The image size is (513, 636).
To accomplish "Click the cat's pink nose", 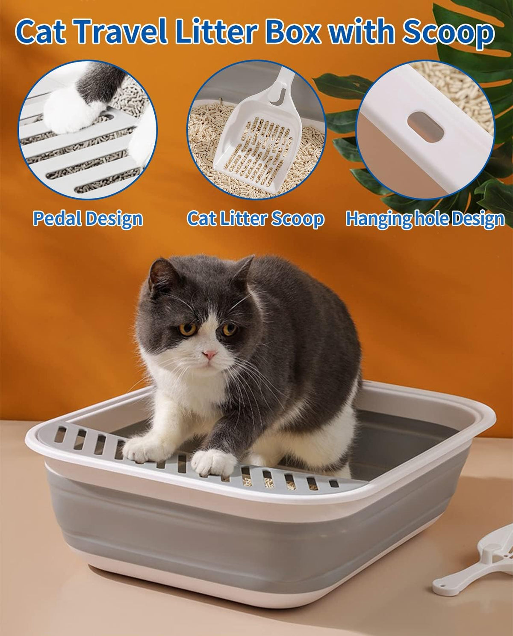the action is tap(209, 354).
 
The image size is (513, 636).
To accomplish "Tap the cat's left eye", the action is tap(230, 329).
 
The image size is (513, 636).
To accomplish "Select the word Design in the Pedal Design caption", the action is tap(114, 219).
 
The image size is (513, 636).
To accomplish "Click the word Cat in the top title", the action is tap(41, 32).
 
